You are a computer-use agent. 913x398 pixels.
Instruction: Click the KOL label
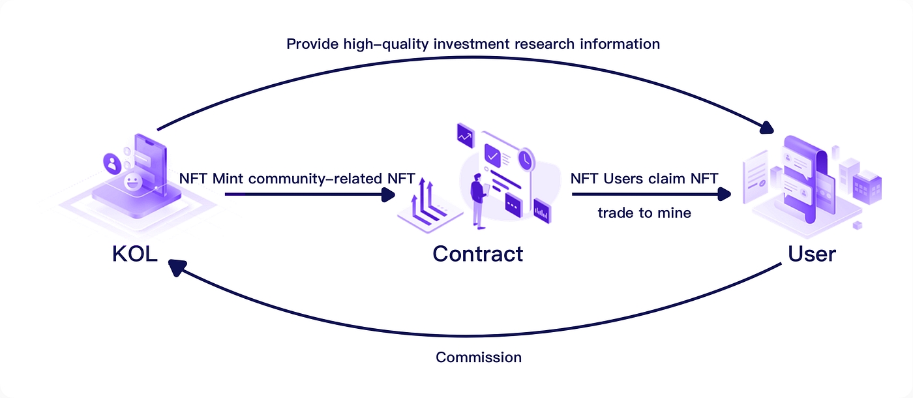135,253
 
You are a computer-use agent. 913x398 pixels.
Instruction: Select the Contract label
477,253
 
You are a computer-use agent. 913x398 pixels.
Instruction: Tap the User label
812,253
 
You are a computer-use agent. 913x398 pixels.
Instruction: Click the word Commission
479,358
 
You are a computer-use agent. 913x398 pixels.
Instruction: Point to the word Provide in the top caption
312,44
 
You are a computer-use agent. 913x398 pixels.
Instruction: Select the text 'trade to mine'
644,213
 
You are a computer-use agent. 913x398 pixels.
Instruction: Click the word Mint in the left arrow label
226,179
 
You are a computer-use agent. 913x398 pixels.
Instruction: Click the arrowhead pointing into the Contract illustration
389,194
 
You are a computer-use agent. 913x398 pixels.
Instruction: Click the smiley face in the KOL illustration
132,181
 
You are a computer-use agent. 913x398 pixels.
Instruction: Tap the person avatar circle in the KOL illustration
113,163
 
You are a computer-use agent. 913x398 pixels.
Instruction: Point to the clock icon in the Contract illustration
525,159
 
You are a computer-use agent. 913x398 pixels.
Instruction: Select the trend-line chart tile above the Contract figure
466,135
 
